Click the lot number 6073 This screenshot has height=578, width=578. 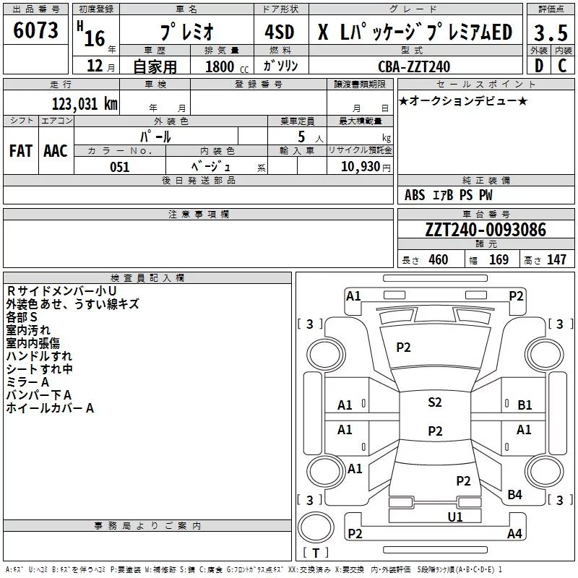(36, 31)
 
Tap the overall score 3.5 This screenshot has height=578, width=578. (550, 33)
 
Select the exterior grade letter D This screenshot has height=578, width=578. (539, 66)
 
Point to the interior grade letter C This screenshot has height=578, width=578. (562, 66)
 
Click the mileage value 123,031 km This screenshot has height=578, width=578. (85, 103)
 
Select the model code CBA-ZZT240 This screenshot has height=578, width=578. (414, 66)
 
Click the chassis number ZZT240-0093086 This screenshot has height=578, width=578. (486, 230)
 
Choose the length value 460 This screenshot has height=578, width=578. (438, 259)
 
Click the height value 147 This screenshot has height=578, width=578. (556, 259)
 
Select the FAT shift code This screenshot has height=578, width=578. (21, 151)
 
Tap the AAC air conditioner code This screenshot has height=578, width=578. (55, 151)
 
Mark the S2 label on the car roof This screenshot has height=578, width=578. (435, 402)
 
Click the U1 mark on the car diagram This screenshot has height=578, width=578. (455, 517)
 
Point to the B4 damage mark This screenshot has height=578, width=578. (514, 494)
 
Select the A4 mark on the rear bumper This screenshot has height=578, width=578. (514, 534)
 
